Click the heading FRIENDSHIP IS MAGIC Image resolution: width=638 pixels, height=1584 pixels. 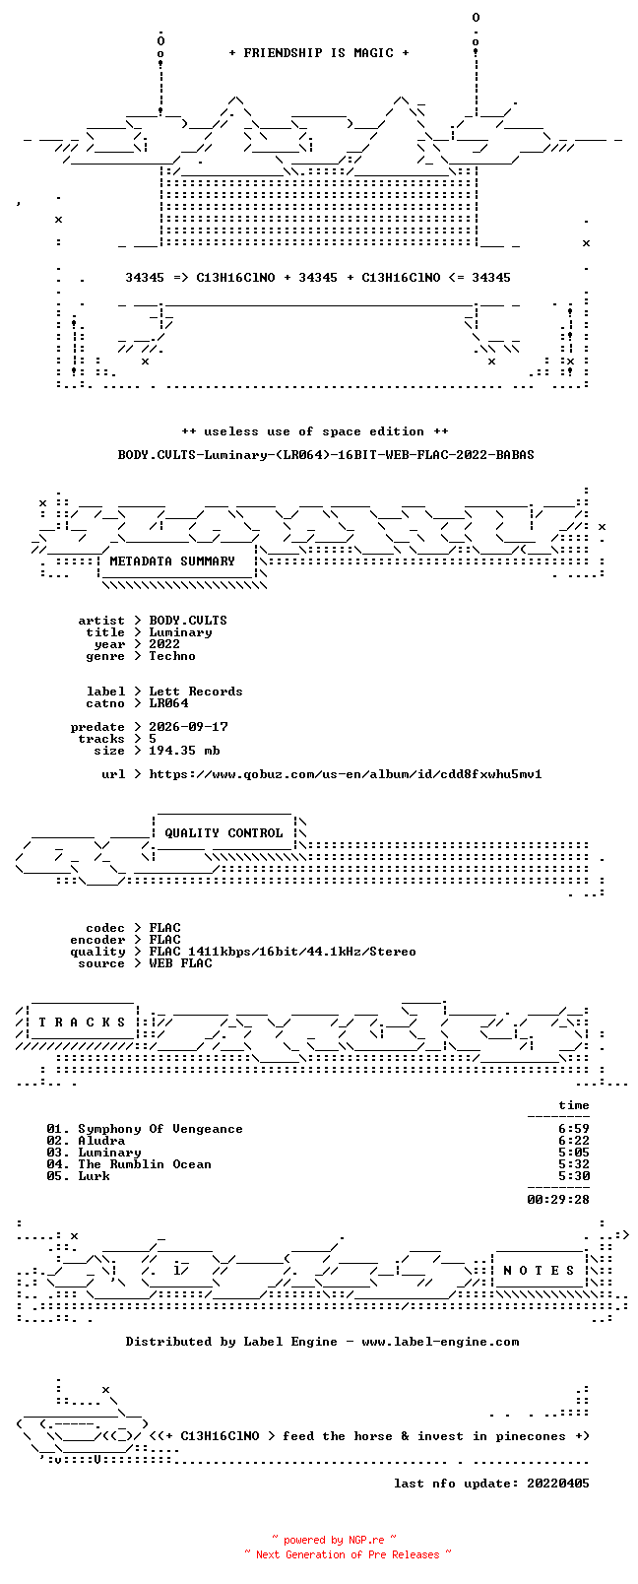coord(319,53)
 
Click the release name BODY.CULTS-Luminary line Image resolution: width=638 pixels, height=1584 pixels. coord(326,455)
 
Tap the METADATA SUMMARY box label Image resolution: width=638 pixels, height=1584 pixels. coord(171,561)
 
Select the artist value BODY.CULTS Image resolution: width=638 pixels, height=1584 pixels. coord(188,621)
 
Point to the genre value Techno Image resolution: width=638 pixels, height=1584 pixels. coord(172,655)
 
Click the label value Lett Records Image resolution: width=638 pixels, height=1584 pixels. coord(196,692)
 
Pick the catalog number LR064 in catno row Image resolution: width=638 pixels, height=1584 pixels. coord(169,703)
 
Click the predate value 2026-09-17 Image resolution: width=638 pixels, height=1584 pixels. coord(189,727)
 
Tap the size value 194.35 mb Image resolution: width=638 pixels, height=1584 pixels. coord(184,751)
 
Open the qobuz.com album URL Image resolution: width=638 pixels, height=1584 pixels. coord(346,774)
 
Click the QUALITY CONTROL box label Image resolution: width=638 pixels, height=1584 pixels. coord(223,833)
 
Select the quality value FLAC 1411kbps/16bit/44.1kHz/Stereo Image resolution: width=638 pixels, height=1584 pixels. coord(283,952)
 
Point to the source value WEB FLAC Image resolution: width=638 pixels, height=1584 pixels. coord(180,963)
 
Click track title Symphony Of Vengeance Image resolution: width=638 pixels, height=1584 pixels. coord(160,1129)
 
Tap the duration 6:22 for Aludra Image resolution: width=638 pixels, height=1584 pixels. coord(574,1141)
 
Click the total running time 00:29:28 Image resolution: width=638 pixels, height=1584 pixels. coord(558,1200)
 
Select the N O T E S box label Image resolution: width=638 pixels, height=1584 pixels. coord(541,1271)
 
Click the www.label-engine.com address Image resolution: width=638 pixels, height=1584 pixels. coord(440,1342)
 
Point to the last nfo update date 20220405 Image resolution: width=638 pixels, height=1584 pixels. coord(558,1484)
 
